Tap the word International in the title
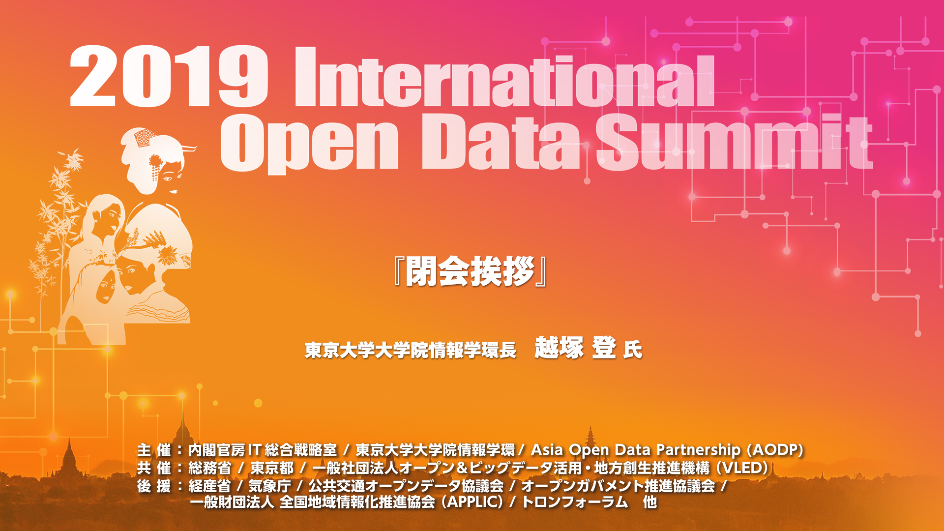click(504, 77)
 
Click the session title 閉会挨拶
click(471, 271)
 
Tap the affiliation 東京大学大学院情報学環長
click(411, 350)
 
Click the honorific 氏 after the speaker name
click(633, 350)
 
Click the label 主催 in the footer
click(154, 450)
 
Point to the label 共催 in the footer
click(154, 468)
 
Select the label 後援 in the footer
click(154, 486)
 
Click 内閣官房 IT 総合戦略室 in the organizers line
click(263, 450)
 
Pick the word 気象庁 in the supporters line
click(269, 486)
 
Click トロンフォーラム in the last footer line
click(575, 502)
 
